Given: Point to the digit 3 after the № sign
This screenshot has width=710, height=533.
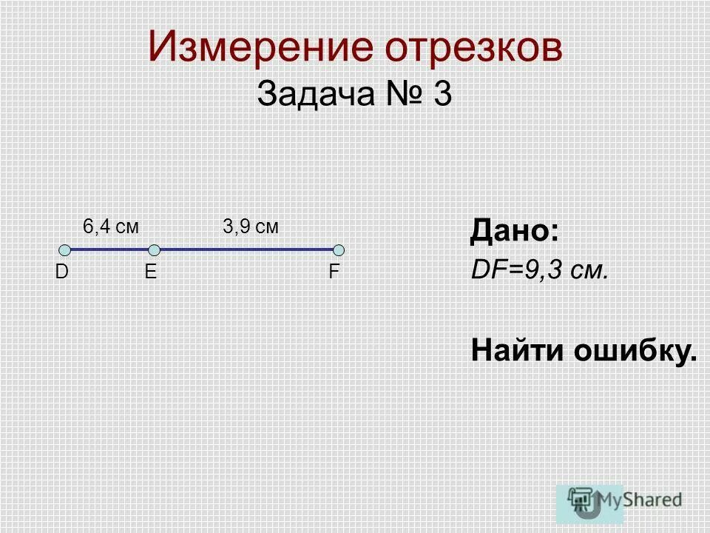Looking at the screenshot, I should click(442, 95).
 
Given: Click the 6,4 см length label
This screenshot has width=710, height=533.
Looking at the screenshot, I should click(111, 227).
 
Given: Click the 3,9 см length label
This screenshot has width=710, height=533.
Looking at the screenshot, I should click(251, 227).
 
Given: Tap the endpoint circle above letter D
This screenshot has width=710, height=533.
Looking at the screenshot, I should click(65, 250).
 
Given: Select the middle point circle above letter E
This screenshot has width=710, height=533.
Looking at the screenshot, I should click(154, 250).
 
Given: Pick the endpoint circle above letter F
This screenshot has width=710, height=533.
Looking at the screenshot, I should click(339, 250).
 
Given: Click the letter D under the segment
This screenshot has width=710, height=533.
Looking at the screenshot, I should click(61, 272).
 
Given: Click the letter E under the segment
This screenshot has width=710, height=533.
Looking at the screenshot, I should click(151, 272).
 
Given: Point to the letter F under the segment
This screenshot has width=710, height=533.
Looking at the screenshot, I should click(334, 272).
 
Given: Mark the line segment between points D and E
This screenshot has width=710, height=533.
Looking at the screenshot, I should click(109, 250).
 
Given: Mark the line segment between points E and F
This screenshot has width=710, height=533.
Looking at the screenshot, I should click(246, 250).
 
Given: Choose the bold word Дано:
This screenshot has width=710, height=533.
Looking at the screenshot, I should click(514, 232).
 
